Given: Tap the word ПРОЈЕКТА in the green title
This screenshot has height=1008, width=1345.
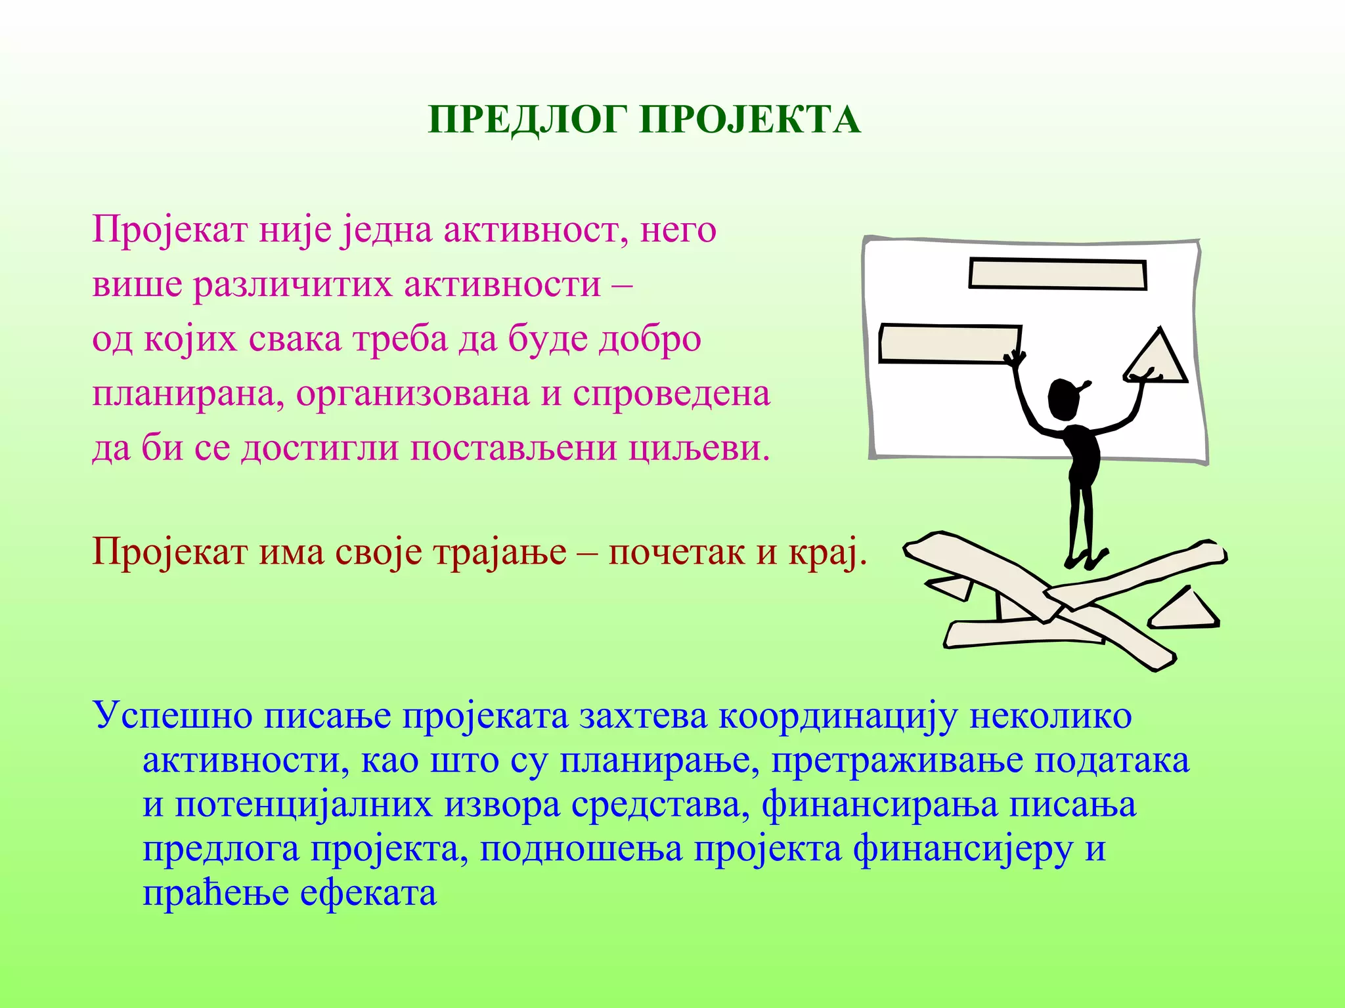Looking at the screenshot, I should coord(750,120).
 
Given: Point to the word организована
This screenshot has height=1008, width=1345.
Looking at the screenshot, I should coord(412,394).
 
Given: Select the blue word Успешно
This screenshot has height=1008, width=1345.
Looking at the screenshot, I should coord(173,716).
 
